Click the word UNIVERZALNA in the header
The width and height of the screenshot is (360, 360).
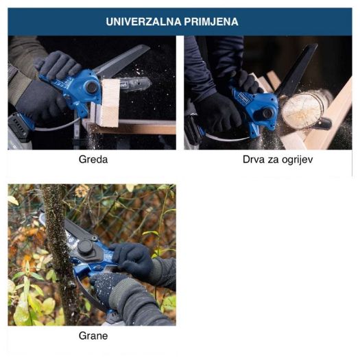point(143,21)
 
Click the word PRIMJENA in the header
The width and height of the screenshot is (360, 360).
point(211,21)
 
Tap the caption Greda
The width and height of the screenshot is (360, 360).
point(93,159)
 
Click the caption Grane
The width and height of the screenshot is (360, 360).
point(93,336)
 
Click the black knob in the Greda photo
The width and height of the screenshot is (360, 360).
point(92,87)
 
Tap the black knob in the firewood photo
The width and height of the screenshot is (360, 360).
point(267,113)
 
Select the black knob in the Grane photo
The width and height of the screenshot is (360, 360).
point(86,248)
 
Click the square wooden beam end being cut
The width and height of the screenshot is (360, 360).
point(110,103)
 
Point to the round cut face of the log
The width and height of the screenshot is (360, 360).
point(302,110)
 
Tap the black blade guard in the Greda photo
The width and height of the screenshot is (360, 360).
point(121,61)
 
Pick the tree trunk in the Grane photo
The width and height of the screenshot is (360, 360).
point(58,252)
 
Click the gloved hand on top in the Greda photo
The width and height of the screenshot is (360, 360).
point(58,64)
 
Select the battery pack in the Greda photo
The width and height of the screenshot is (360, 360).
point(20,128)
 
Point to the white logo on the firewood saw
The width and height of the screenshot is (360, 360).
point(245,97)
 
